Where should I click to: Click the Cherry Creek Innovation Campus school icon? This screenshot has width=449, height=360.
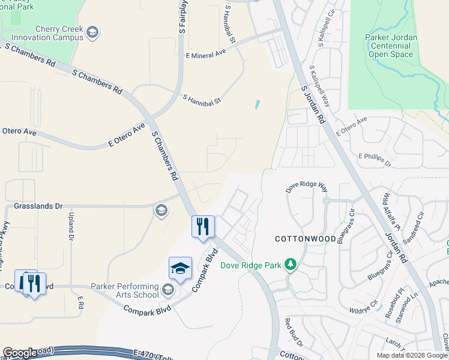click(x=92, y=32)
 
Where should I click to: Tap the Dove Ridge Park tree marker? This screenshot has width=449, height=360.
click(x=291, y=265)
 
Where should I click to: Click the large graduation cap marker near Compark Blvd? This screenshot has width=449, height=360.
click(x=180, y=269)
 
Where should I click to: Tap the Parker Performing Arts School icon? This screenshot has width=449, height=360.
click(x=168, y=290)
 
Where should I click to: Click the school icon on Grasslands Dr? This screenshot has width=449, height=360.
click(x=161, y=210)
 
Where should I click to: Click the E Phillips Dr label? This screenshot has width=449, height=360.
click(x=375, y=159)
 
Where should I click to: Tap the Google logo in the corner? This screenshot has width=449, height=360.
click(x=20, y=353)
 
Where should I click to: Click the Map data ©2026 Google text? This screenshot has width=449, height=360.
click(x=412, y=355)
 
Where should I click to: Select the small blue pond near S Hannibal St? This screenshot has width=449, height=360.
click(x=258, y=104)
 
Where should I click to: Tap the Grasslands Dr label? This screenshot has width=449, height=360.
click(x=38, y=206)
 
